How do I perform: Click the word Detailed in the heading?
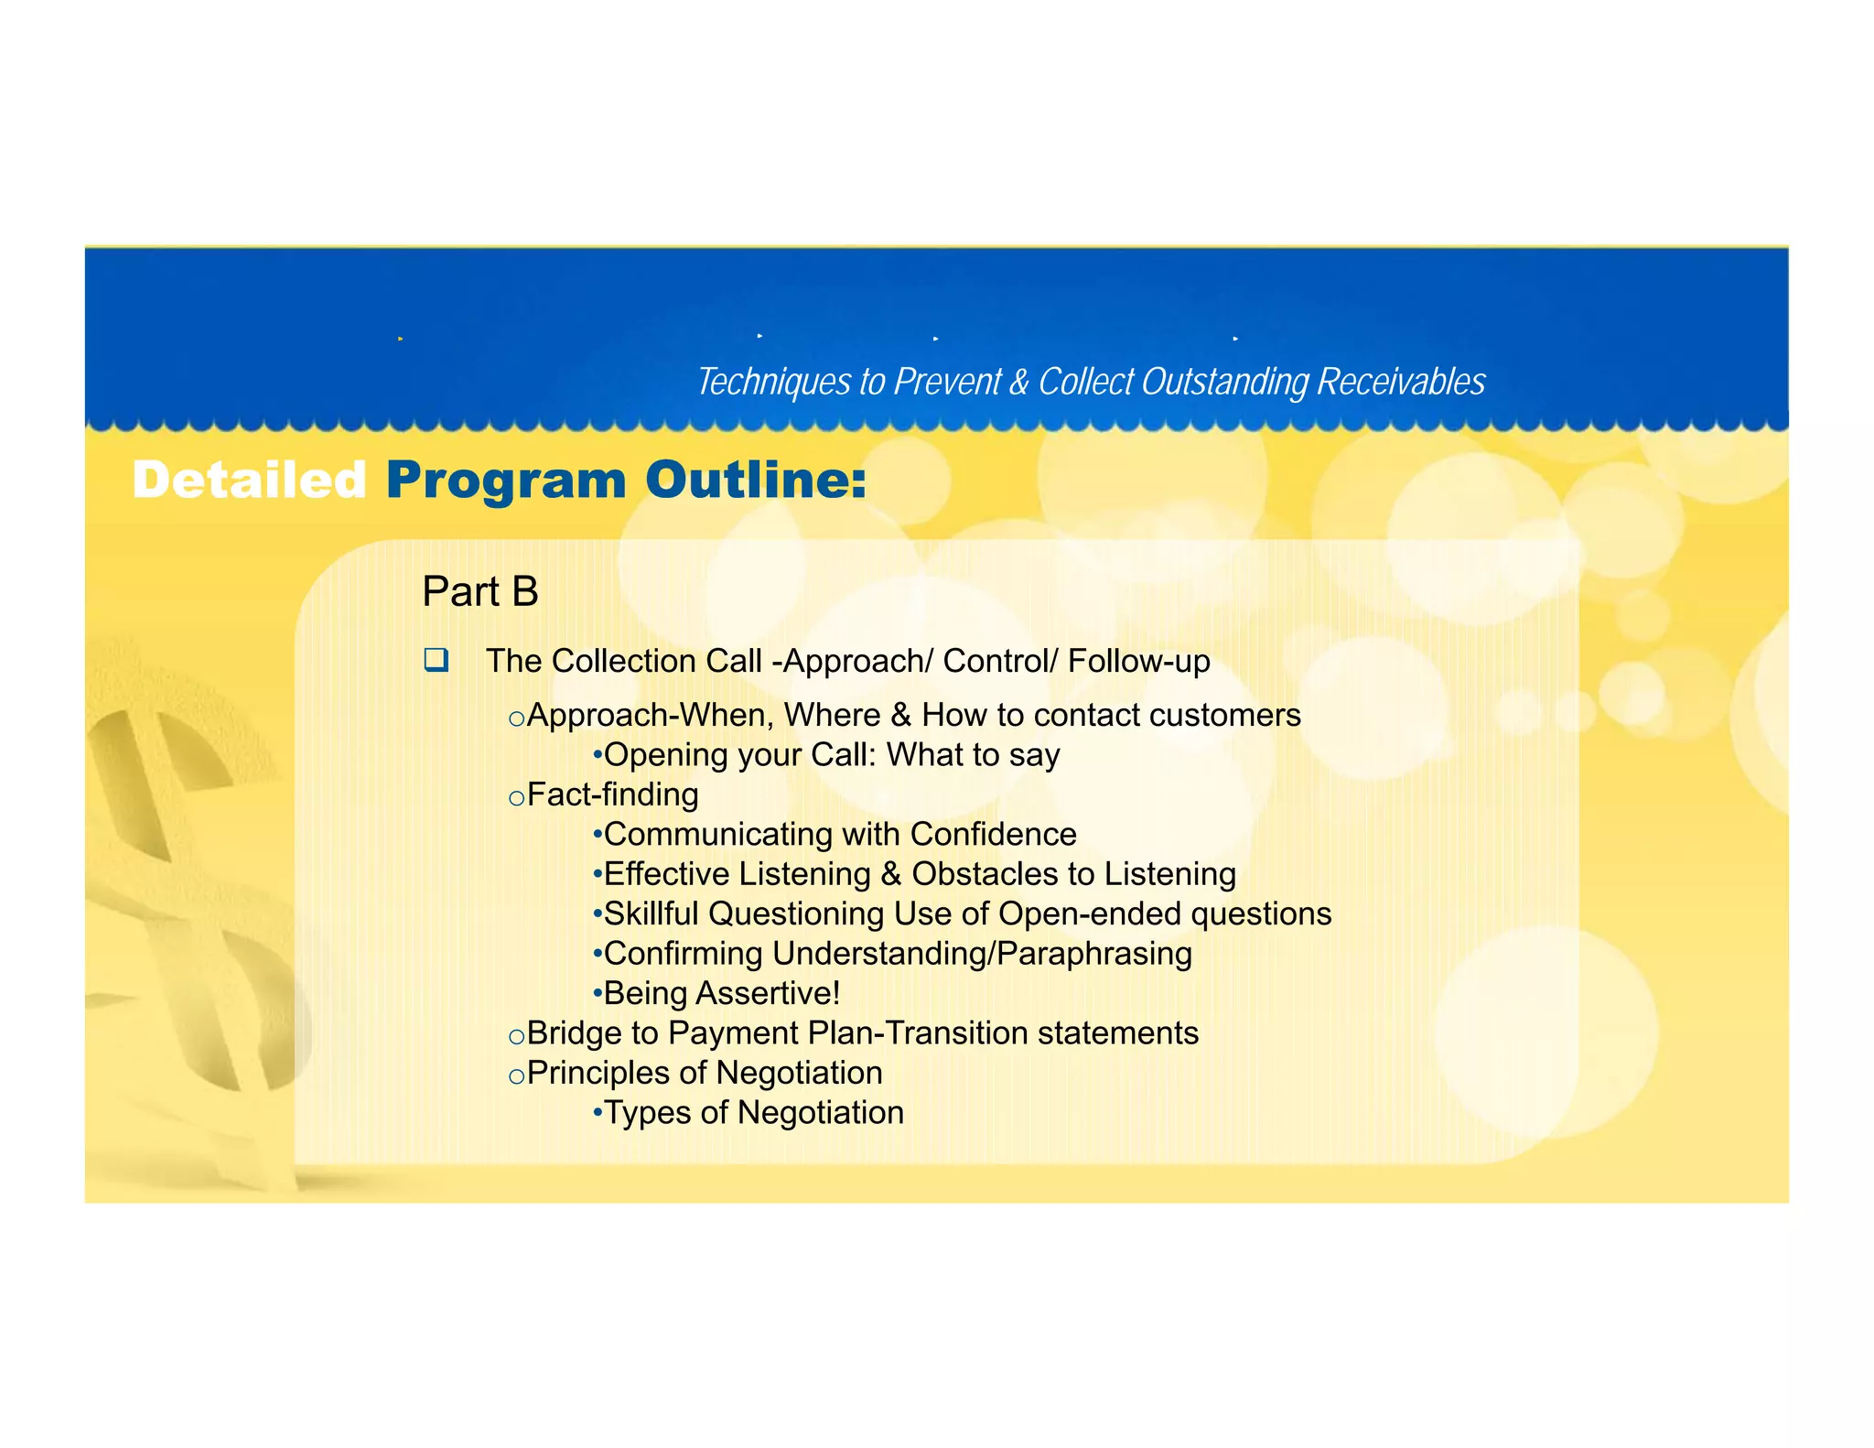pos(249,481)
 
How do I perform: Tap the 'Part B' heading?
pos(479,592)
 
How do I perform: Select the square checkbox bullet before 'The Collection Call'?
pos(436,660)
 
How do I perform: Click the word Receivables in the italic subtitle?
pos(1400,382)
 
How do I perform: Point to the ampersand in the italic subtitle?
pos(1018,383)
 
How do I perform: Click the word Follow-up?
pos(1138,661)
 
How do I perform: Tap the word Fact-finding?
pos(612,794)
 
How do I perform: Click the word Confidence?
pos(993,835)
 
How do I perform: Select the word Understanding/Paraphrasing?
pos(982,954)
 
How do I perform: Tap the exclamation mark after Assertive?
pos(835,993)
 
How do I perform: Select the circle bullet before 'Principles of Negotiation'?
pos(516,1076)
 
